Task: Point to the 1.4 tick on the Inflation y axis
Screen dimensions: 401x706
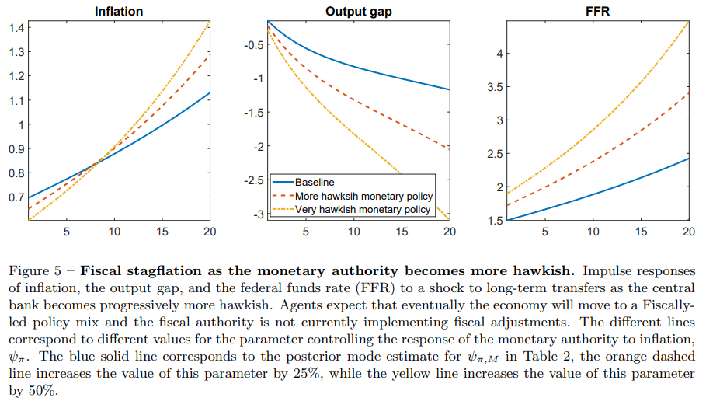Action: coord(16,28)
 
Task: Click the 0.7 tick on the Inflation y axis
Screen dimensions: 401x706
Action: coord(16,197)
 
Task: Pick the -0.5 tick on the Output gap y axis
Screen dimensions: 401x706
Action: coord(254,44)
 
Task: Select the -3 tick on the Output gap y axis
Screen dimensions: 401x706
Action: coord(259,214)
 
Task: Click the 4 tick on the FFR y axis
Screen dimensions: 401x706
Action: coord(500,54)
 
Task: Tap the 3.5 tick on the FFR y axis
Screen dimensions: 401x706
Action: coord(496,87)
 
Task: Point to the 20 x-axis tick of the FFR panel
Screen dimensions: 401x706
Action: coord(689,232)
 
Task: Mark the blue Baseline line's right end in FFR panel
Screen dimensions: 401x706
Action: coord(689,159)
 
